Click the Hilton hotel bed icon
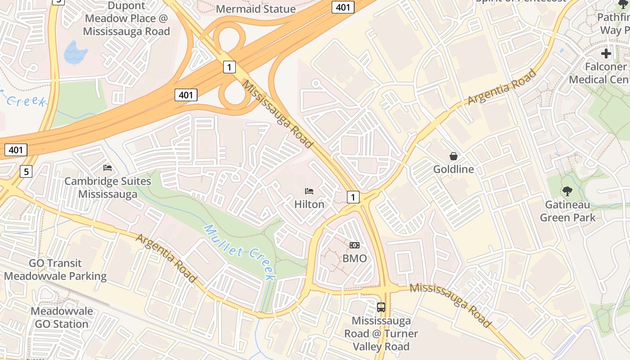pos(309,191)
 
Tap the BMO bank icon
pos(355,245)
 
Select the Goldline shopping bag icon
pos(454,156)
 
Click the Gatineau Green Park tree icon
pos(567,191)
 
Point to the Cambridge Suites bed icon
pos(108,168)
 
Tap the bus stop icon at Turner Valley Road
pos(381,307)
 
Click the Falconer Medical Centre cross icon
pos(606,54)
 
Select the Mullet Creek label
pos(238,252)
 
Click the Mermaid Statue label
pos(256,9)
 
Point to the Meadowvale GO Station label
pos(62,317)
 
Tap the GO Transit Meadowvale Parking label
pos(55,270)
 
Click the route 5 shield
pos(26,171)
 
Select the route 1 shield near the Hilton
pos(353,197)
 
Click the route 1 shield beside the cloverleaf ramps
pos(229,67)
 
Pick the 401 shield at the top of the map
pos(343,7)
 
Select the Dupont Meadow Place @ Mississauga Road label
pos(126,19)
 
